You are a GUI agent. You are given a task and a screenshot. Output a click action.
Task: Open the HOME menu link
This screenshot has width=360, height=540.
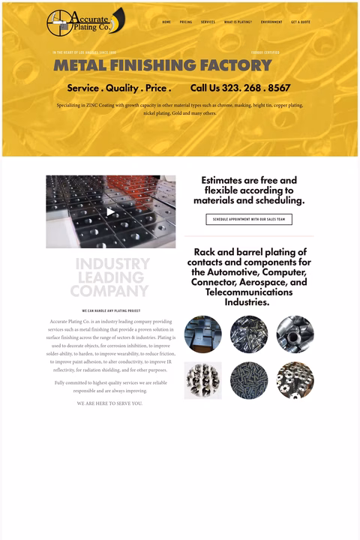pos(166,22)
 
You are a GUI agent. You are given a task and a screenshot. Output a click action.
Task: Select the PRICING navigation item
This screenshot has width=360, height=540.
pos(186,22)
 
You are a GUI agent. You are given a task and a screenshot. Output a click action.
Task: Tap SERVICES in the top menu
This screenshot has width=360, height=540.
pos(208,22)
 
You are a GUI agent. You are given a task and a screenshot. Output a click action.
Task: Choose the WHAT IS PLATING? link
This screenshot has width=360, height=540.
pos(238,22)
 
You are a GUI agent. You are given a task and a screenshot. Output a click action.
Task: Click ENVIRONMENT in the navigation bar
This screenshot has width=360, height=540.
pos(271,22)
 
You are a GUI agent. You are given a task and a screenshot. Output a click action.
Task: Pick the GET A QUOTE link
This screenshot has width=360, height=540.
pos(301,22)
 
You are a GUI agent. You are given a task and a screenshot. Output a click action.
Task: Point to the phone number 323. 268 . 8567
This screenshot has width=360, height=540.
pos(240,88)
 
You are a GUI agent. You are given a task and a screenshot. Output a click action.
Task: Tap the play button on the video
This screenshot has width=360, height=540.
pos(111,212)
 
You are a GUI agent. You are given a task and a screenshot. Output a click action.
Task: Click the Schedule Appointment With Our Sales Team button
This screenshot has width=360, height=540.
pos(249,220)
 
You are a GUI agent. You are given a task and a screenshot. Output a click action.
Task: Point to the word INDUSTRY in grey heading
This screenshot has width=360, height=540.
pos(112,264)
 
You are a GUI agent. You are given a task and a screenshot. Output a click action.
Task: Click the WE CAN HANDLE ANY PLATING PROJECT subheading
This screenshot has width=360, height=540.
pos(111,310)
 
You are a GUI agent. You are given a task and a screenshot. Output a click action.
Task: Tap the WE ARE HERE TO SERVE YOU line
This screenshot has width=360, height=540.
pos(109,403)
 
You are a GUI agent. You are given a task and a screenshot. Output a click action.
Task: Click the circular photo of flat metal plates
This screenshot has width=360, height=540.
pos(203,334)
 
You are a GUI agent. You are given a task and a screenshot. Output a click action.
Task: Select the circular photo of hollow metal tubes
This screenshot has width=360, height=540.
pos(295,334)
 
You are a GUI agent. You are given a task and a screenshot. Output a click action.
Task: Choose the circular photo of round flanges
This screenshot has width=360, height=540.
pos(295,380)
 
